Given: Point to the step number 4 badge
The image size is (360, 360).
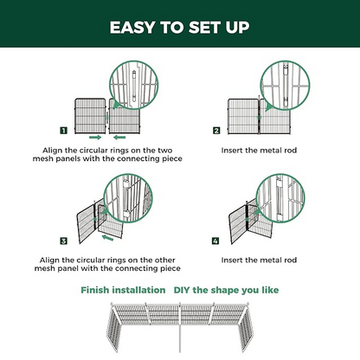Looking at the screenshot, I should click(216, 240).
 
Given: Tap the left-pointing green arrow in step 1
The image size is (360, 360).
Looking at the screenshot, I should click(121, 136).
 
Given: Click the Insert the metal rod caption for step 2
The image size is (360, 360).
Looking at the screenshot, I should click(260, 149).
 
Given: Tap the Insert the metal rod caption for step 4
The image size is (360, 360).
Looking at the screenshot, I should click(260, 258).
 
